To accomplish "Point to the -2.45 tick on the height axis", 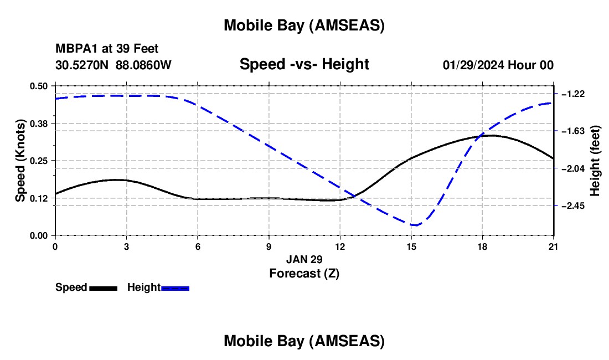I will pyautogui.click(x=572, y=205).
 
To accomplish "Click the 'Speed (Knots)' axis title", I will pyautogui.click(x=20, y=160).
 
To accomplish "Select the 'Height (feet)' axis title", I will pyautogui.click(x=595, y=161).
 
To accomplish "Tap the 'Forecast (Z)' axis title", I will pyautogui.click(x=304, y=273).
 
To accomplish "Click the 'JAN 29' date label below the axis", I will pyautogui.click(x=304, y=259).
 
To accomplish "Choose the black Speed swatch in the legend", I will pyautogui.click(x=103, y=287).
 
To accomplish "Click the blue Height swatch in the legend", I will pyautogui.click(x=175, y=287).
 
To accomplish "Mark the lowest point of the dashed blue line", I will pyautogui.click(x=415, y=225).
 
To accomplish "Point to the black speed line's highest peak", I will pyautogui.click(x=491, y=135).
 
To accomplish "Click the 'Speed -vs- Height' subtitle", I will pyautogui.click(x=304, y=64).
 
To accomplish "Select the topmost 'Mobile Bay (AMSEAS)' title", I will pyautogui.click(x=304, y=25).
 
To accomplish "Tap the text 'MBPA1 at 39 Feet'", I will pyautogui.click(x=107, y=49).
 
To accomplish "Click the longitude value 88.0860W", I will pyautogui.click(x=143, y=65).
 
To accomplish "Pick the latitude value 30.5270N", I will pyautogui.click(x=82, y=65).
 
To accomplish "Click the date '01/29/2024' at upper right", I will pyautogui.click(x=473, y=65).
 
